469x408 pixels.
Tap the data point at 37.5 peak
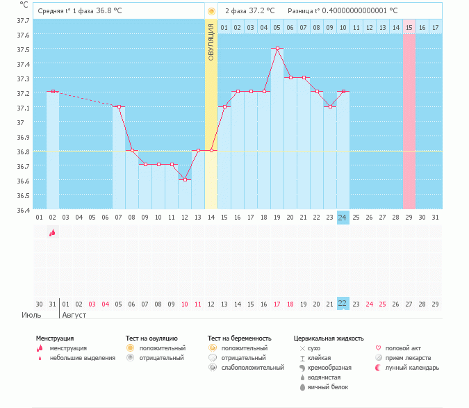[277, 49]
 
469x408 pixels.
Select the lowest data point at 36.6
[185, 180]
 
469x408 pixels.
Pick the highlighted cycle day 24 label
[343, 218]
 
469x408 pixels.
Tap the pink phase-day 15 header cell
[409, 27]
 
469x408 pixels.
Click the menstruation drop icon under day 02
[52, 234]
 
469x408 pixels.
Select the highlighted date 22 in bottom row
[343, 304]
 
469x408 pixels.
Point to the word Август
[76, 315]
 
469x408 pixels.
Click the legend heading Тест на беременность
[240, 338]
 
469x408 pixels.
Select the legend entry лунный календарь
[411, 367]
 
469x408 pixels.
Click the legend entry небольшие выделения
[82, 357]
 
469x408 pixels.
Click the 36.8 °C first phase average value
[108, 11]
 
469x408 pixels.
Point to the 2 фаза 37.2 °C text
[249, 11]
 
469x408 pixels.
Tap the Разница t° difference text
[343, 11]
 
